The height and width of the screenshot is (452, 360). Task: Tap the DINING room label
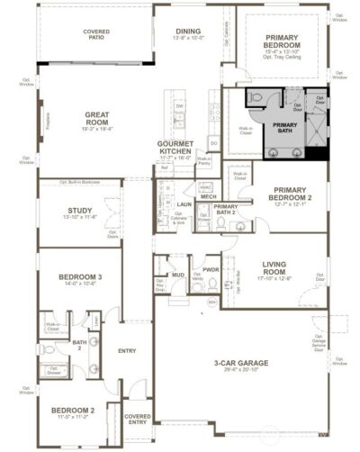(x=188, y=31)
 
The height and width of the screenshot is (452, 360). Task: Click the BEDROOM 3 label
(x=80, y=276)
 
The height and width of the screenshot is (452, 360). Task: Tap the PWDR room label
(x=211, y=269)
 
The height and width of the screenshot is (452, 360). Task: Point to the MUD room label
(x=179, y=274)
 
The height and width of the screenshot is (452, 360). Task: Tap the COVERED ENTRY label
(x=138, y=419)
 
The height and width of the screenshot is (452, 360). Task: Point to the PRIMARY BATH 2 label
(x=225, y=211)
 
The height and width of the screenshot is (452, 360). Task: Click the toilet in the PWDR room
(x=213, y=285)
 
